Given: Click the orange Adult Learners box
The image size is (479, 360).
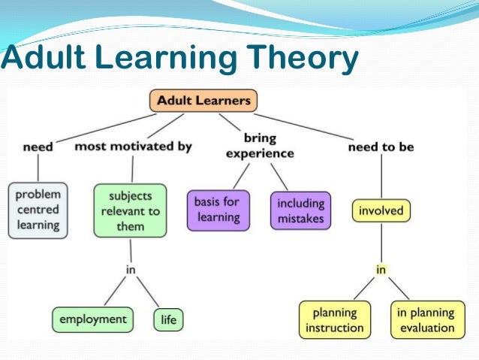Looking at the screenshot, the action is (x=203, y=101).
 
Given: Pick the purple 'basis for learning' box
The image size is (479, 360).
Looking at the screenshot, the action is (x=217, y=210).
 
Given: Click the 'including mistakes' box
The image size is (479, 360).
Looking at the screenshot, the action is (x=300, y=210).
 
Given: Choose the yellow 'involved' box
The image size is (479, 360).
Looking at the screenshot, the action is (x=381, y=210).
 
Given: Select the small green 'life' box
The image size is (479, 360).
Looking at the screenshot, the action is (x=168, y=319).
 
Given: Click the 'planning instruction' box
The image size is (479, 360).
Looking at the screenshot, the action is (x=335, y=320).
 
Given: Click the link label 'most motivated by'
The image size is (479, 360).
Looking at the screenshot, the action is (x=133, y=147).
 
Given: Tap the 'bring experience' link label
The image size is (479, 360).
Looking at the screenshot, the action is (x=260, y=146).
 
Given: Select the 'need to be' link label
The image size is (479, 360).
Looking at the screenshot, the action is (x=381, y=147).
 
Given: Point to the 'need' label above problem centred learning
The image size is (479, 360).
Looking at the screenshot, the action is (x=38, y=147).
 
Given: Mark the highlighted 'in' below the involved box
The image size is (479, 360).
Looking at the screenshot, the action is (x=381, y=268).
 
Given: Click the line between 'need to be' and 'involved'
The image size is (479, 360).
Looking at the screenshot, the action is (x=381, y=177).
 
